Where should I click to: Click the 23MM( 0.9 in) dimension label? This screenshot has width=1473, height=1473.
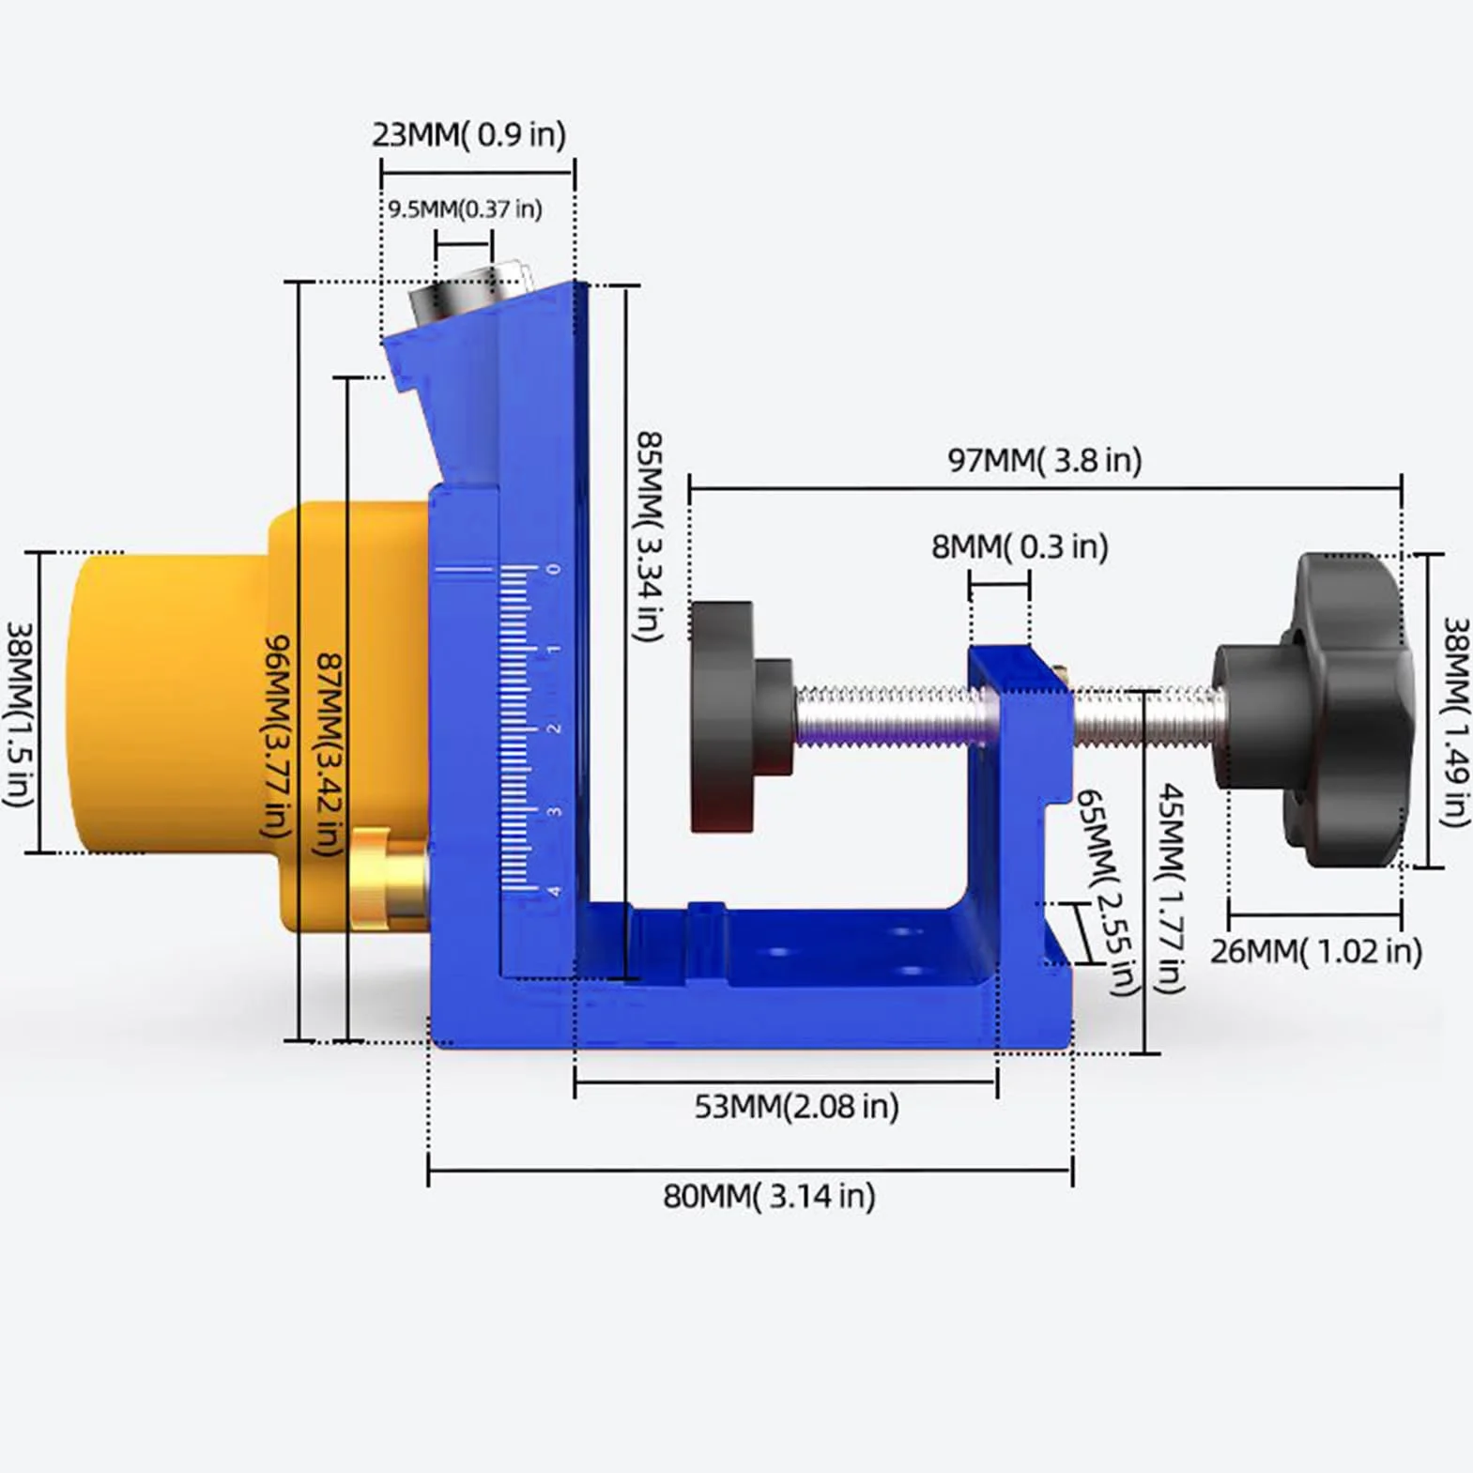[x=469, y=135]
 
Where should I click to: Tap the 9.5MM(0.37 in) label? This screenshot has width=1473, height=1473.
[x=466, y=208]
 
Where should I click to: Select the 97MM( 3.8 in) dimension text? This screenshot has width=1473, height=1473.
[x=1045, y=460]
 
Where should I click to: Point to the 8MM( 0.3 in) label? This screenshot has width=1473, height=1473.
[x=1020, y=546]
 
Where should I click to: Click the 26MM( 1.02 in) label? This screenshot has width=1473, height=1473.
[x=1315, y=951]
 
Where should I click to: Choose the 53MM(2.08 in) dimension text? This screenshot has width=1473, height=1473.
[x=796, y=1107]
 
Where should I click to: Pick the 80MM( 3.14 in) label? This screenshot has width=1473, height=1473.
[x=769, y=1196]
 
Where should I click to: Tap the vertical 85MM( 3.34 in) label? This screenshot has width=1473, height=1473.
[x=649, y=537]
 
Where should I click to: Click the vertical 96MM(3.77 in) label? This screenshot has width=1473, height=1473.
[x=276, y=737]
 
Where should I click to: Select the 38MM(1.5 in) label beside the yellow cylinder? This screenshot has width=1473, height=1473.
[x=20, y=713]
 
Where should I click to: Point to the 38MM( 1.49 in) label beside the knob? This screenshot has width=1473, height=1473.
[x=1455, y=722]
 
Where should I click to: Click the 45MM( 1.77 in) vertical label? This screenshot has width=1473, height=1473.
[x=1171, y=888]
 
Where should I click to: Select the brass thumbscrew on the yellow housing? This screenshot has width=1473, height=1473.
[x=387, y=880]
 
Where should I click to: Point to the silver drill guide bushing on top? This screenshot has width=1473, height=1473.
[x=467, y=294]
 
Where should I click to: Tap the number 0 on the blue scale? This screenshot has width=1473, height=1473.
[x=554, y=569]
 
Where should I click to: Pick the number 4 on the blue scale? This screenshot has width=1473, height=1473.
[x=555, y=891]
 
